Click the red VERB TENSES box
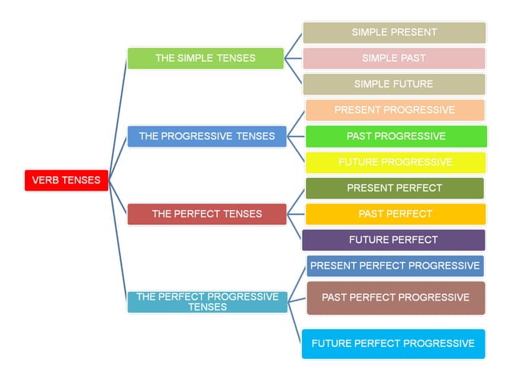pyautogui.click(x=66, y=180)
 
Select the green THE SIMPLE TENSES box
pyautogui.click(x=205, y=58)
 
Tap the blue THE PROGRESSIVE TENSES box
pyautogui.click(x=206, y=136)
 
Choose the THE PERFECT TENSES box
pyautogui.click(x=207, y=214)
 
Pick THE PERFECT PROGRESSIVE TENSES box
pyautogui.click(x=207, y=301)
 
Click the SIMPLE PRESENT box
pyautogui.click(x=394, y=33)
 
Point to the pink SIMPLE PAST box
pyautogui.click(x=394, y=58)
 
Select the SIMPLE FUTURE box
pyautogui.click(x=394, y=84)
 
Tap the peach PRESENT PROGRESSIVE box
pyautogui.click(x=394, y=110)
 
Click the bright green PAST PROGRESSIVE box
pyautogui.click(x=396, y=136)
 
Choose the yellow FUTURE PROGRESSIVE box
pyautogui.click(x=396, y=162)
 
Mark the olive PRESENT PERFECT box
pyautogui.click(x=394, y=188)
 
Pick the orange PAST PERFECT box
pyautogui.click(x=396, y=214)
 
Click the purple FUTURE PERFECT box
pyautogui.click(x=393, y=240)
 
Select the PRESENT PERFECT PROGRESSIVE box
pyautogui.click(x=395, y=266)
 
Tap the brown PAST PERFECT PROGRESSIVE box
pyautogui.click(x=396, y=297)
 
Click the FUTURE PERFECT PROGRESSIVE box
pyautogui.click(x=393, y=344)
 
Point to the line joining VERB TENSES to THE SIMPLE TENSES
pyautogui.click(x=117, y=120)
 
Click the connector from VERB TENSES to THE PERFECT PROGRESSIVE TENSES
pyautogui.click(x=118, y=240)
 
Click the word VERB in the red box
pyautogui.click(x=47, y=180)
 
